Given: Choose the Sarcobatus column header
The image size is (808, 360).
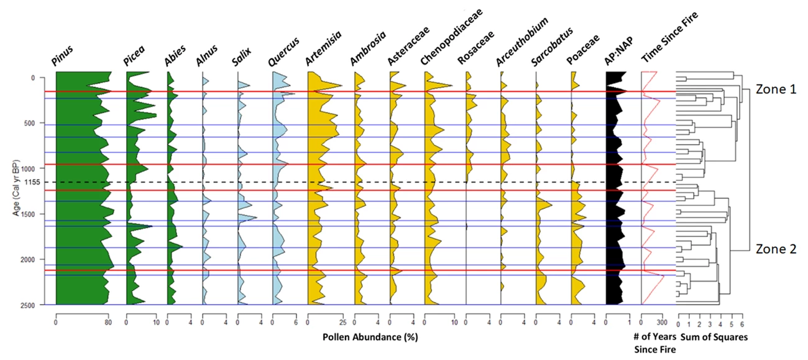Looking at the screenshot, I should tap(551, 48).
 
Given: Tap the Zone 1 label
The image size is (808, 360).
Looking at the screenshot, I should tap(775, 90).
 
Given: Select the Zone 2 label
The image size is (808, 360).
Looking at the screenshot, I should tap(775, 249).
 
